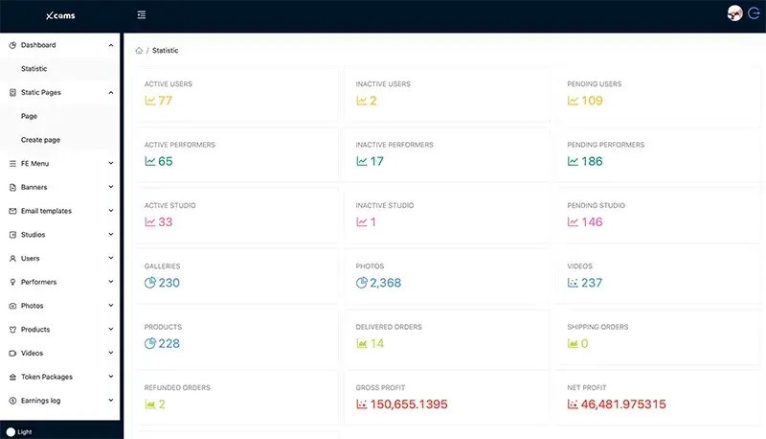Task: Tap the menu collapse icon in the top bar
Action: click(x=142, y=14)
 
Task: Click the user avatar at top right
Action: click(x=735, y=13)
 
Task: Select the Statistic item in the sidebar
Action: click(x=34, y=69)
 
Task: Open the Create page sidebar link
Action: click(x=40, y=140)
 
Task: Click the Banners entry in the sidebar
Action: click(x=34, y=187)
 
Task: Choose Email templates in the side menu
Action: click(x=46, y=211)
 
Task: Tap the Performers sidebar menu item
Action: click(x=38, y=282)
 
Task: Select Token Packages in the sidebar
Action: click(x=46, y=377)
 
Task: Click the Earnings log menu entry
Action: click(x=41, y=401)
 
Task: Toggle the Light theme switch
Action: click(x=11, y=432)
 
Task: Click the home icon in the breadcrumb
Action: click(x=140, y=51)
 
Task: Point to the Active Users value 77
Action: click(x=165, y=101)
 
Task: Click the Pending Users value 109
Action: click(x=592, y=101)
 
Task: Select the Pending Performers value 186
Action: click(x=592, y=161)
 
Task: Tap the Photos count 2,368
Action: click(x=385, y=283)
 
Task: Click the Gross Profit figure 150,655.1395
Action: click(x=409, y=404)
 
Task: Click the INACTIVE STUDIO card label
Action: click(x=385, y=205)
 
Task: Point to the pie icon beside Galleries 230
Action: click(x=150, y=283)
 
